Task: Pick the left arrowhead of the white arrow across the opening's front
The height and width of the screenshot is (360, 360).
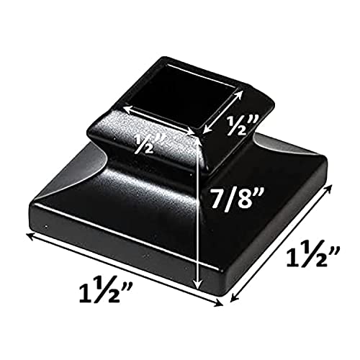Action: pyautogui.click(x=124, y=108)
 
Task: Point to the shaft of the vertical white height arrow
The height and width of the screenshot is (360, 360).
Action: pyautogui.click(x=198, y=216)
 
